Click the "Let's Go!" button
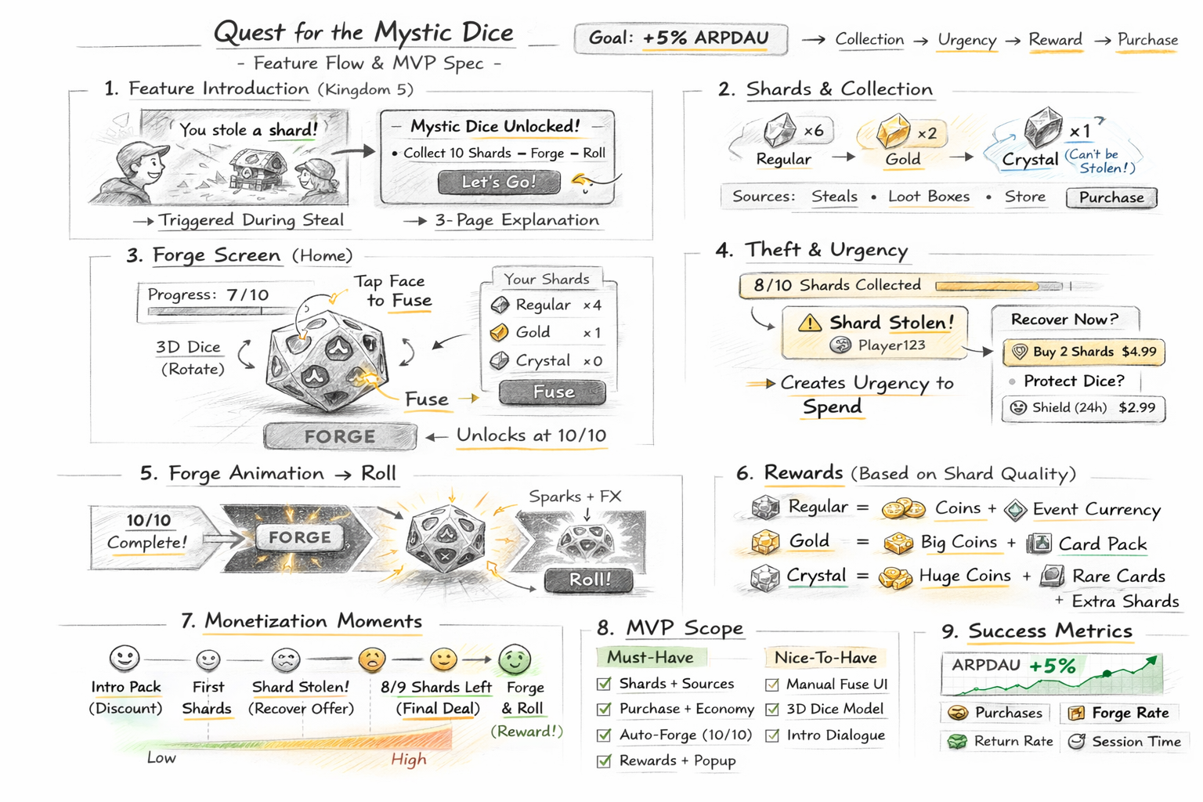(x=499, y=182)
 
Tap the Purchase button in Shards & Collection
(x=1111, y=197)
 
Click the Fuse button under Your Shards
(x=552, y=392)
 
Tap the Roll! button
(x=589, y=580)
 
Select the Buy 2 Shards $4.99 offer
(x=1084, y=352)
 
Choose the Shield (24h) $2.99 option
(x=1084, y=407)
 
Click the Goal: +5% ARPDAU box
(x=680, y=38)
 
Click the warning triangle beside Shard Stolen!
(x=809, y=322)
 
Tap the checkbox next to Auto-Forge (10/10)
(x=604, y=735)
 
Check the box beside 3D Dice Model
(x=772, y=710)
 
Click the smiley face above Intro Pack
(x=125, y=658)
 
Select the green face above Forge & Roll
(x=515, y=659)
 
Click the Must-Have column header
(x=650, y=657)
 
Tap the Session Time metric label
(x=1136, y=741)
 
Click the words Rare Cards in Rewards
(x=1118, y=576)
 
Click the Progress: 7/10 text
(x=208, y=294)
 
